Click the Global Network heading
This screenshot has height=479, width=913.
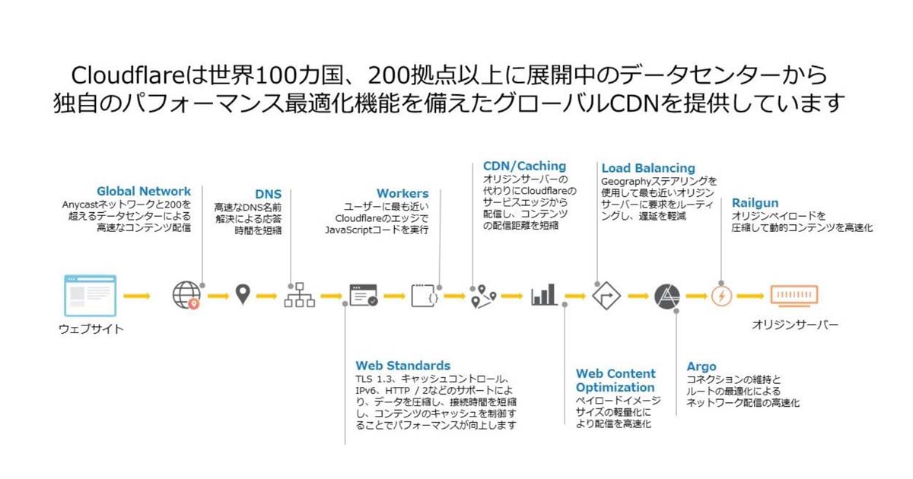[x=144, y=191]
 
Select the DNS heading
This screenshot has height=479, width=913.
[x=268, y=194]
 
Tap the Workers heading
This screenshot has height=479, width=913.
[x=402, y=194]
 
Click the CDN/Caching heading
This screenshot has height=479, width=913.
[x=524, y=166]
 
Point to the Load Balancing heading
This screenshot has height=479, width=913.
[x=648, y=168]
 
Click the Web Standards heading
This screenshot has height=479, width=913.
[x=402, y=366]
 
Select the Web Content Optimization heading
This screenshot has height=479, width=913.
[x=616, y=380]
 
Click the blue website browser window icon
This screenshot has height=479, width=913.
[x=91, y=295]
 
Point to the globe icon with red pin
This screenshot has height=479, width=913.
[x=186, y=295]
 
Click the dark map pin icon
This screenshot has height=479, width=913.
[x=243, y=294]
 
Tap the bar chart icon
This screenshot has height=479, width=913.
[x=544, y=295]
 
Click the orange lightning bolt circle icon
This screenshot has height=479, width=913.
[x=721, y=295]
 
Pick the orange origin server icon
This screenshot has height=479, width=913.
[x=794, y=295]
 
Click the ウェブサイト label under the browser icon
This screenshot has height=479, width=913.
[x=91, y=329]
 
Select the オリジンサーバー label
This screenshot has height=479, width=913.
[x=795, y=325]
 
